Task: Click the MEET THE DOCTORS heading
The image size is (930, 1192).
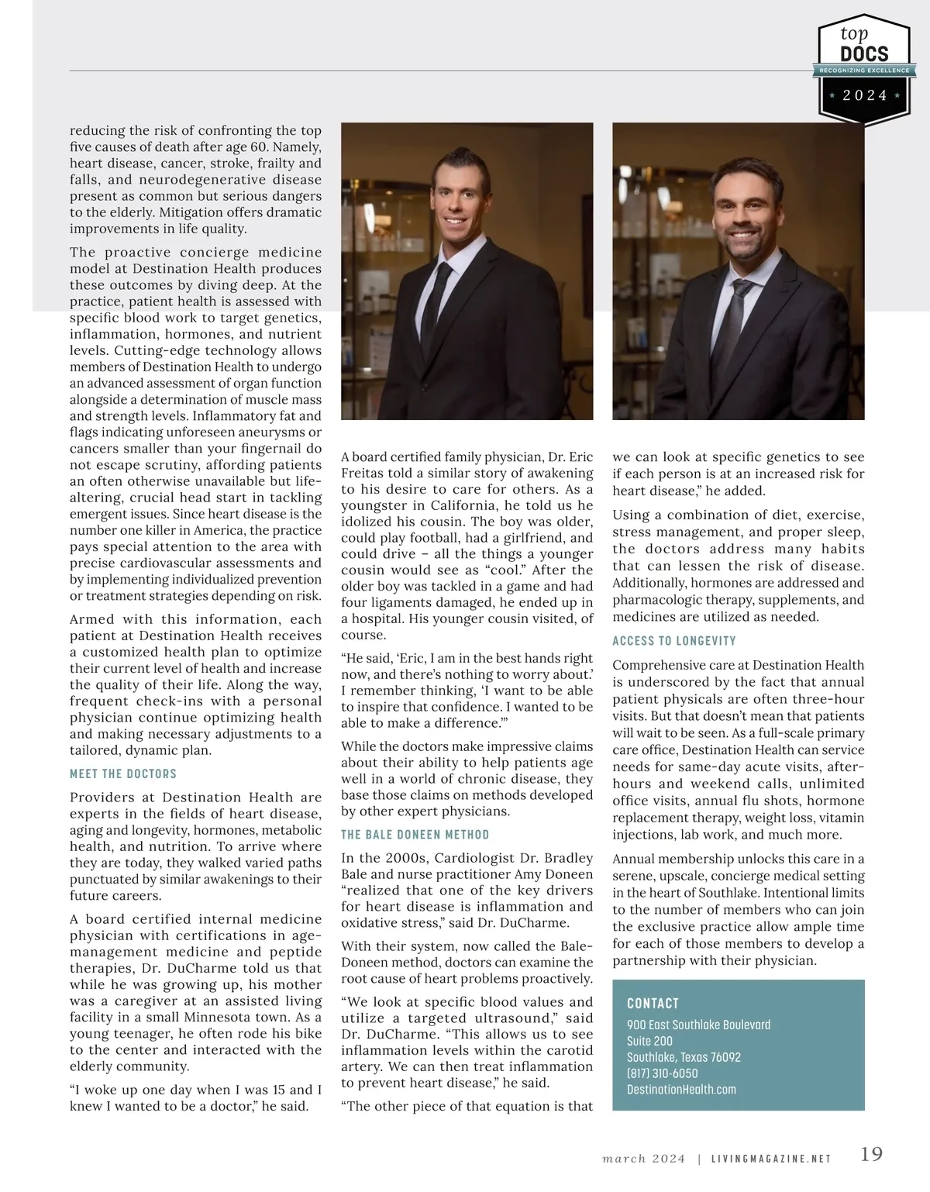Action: [123, 773]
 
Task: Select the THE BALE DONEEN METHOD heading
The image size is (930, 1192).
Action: [415, 835]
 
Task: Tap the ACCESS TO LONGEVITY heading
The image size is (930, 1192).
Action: [674, 641]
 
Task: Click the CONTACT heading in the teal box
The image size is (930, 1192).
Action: [653, 1003]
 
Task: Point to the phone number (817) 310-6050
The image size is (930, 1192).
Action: [662, 1073]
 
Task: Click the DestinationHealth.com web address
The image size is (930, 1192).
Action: [681, 1090]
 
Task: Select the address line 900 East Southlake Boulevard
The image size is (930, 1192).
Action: [698, 1025]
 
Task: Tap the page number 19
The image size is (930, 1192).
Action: [872, 1153]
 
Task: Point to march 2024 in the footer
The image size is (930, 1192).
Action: [644, 1159]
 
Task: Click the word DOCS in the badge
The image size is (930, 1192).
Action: [864, 53]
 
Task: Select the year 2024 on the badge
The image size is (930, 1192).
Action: [865, 95]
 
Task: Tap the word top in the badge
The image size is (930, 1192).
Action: [854, 33]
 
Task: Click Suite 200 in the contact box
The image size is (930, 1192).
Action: [649, 1041]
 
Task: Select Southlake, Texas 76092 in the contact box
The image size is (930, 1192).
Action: [684, 1057]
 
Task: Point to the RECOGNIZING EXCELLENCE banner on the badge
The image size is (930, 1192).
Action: [864, 71]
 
